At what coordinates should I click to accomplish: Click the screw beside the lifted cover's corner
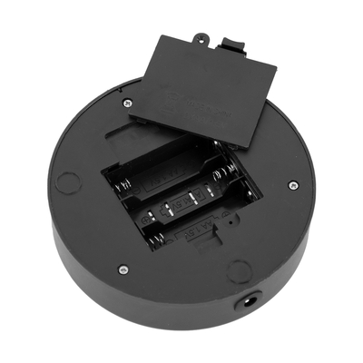click(127, 101)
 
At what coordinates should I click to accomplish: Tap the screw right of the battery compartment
click(292, 185)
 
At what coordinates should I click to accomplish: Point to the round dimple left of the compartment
click(67, 181)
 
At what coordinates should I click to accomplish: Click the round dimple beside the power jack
click(239, 271)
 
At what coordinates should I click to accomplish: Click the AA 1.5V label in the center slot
click(181, 203)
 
